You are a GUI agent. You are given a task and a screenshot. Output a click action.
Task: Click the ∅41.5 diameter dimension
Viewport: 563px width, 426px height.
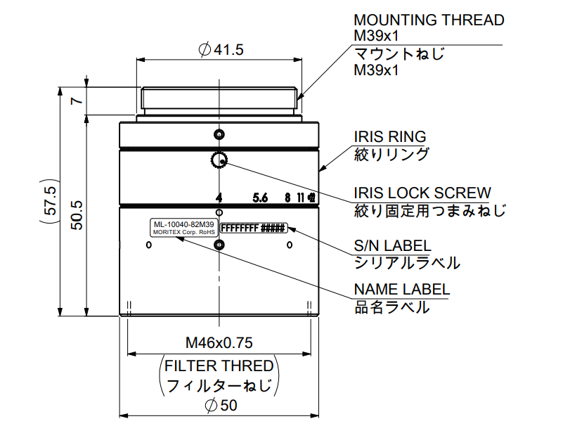[x=221, y=50]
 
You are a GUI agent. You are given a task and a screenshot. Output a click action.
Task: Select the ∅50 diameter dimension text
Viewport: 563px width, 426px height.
[x=220, y=406]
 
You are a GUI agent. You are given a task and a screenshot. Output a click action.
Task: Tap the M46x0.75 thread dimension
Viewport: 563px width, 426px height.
[x=219, y=343]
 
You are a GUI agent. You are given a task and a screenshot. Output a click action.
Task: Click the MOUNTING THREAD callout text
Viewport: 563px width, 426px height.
[x=429, y=20]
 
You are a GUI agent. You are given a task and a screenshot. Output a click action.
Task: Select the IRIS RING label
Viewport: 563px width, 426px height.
[x=389, y=137]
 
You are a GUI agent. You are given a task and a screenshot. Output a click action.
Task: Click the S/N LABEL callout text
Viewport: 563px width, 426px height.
[x=391, y=246]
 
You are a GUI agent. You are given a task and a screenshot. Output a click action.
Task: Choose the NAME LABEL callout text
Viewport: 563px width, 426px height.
[x=401, y=290]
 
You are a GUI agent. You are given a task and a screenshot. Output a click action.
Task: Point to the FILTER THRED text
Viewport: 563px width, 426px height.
[x=219, y=366]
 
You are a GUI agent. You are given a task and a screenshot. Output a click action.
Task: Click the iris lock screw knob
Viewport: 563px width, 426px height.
[x=219, y=161]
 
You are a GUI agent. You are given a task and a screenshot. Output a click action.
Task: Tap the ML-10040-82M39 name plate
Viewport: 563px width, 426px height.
[x=182, y=228]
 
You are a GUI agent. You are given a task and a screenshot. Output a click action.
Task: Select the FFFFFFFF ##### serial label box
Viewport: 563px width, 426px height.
[x=253, y=228]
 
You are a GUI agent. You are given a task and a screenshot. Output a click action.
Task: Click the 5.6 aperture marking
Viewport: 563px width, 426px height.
[x=260, y=198]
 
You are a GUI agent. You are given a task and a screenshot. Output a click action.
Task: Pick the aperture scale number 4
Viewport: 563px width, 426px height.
[x=219, y=198]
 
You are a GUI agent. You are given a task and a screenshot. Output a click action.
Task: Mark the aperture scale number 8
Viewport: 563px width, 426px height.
[x=287, y=198]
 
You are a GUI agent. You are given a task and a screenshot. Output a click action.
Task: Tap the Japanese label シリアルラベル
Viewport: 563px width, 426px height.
[x=407, y=263]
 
